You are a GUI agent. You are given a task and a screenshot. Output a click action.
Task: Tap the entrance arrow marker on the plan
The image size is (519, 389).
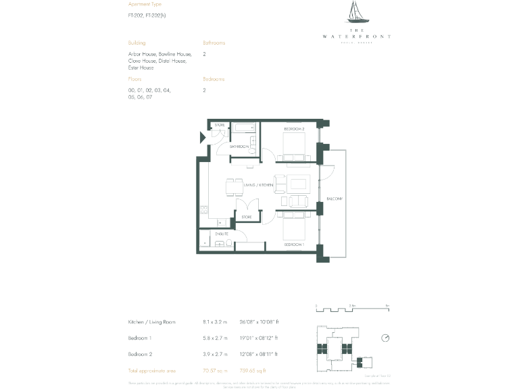[x=202, y=138]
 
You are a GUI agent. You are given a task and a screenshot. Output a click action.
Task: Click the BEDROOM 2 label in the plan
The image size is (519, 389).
[x=294, y=128]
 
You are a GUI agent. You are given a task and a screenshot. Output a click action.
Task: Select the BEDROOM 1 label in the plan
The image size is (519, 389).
[x=294, y=244]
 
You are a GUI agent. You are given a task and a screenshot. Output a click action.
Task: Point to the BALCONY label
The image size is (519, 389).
[x=335, y=199]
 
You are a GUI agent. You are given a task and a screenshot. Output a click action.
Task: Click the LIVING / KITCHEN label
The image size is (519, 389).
[x=258, y=184]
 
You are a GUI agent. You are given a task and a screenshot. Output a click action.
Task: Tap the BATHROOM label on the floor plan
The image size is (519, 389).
[x=239, y=147]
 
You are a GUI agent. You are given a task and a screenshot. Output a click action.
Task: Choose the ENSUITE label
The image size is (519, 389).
[x=222, y=234]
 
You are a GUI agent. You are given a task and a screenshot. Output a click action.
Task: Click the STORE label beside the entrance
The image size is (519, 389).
[x=220, y=125]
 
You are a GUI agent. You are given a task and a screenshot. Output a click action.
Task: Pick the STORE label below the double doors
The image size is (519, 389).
[x=247, y=217]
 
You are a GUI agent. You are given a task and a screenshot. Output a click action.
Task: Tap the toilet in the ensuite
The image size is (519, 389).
[x=229, y=244]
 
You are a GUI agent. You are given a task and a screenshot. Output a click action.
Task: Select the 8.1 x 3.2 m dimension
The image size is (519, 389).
[x=216, y=322]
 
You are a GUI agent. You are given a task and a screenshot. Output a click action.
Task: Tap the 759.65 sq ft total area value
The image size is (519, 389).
[x=254, y=371]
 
